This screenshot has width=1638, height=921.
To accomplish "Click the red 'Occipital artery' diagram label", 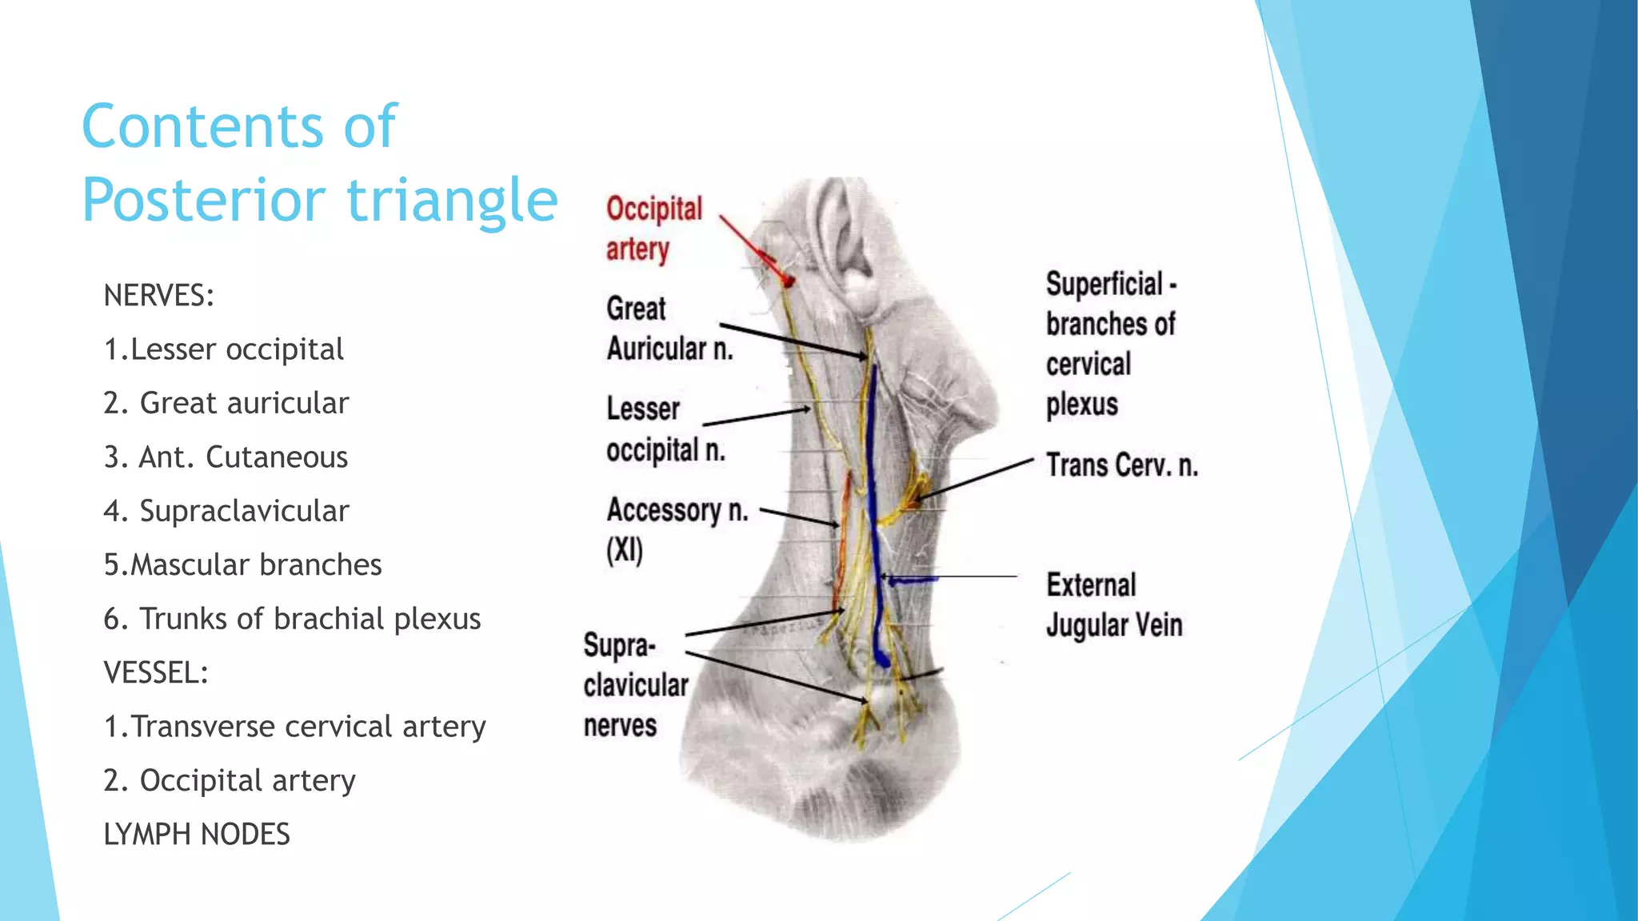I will click(x=653, y=229).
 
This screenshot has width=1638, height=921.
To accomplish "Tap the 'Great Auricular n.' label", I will click(x=669, y=329).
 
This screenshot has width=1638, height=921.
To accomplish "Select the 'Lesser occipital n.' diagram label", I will click(x=665, y=429).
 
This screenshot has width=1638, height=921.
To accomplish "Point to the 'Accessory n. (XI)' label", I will click(x=677, y=528).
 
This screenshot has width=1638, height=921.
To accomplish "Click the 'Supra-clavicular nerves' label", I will click(x=635, y=685).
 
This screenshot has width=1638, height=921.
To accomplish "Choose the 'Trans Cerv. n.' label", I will click(x=1121, y=465).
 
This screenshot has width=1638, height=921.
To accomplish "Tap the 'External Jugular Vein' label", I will click(x=1113, y=605).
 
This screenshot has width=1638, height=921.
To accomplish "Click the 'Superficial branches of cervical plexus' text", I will click(x=1110, y=344).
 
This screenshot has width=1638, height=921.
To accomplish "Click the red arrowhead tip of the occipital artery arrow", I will click(x=788, y=281).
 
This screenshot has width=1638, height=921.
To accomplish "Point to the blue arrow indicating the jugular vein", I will click(x=912, y=580).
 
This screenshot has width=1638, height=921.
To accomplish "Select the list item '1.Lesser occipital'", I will click(x=223, y=349).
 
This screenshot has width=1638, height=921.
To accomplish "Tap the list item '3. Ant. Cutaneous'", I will click(x=226, y=457).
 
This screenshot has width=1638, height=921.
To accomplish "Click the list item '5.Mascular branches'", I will click(x=242, y=565).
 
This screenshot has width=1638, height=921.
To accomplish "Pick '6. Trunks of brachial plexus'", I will click(x=292, y=619).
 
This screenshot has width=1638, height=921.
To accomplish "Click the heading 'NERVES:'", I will click(x=159, y=296).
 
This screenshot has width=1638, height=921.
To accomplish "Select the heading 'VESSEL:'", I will click(x=156, y=672).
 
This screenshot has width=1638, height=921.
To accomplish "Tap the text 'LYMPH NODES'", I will click(x=197, y=834).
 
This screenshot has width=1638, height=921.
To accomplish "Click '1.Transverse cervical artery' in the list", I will click(x=294, y=727).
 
